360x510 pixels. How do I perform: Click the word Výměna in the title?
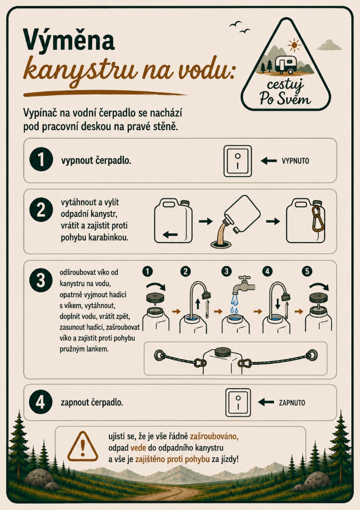point(68,40)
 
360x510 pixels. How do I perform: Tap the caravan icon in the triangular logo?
point(286,64)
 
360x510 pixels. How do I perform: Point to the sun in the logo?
point(294,45)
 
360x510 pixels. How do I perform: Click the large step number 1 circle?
point(41,160)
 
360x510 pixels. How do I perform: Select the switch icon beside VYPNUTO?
point(238,161)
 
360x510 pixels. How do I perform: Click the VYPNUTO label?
point(295,161)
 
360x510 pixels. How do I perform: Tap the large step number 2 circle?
point(41,210)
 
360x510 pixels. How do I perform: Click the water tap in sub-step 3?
point(244,285)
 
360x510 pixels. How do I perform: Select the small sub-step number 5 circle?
point(307,271)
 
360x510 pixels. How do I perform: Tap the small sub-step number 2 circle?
point(185,271)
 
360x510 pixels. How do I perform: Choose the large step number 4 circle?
point(41,402)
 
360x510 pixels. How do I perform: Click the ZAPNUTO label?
point(292,403)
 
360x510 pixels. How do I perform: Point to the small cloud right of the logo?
point(329,45)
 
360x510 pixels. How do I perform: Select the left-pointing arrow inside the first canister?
point(170,234)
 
